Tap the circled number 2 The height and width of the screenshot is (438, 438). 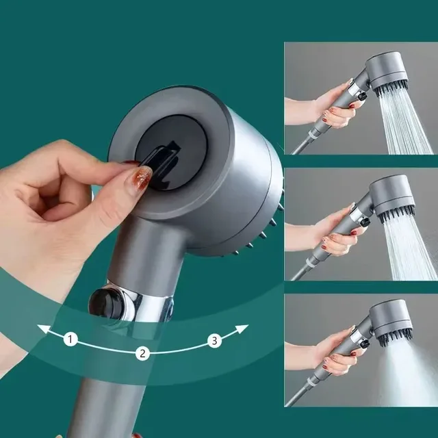(x=142, y=353)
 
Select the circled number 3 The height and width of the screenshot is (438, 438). (x=215, y=341)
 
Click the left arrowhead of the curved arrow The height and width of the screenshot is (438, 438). (x=42, y=330)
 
